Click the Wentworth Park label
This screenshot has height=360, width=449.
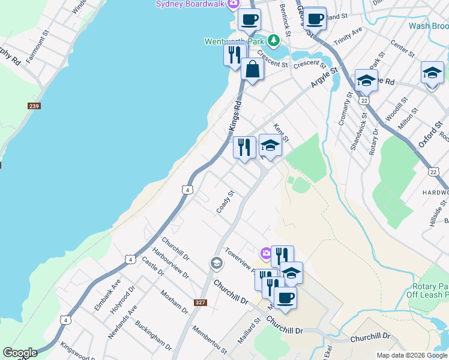pos(235,41)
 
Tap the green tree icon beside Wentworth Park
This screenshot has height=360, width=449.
pos(274,41)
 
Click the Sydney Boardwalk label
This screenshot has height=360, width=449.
pos(189,4)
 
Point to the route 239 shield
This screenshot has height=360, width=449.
pos(34,106)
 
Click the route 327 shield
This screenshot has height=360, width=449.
pos(200,302)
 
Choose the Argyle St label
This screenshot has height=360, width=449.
pos(324,79)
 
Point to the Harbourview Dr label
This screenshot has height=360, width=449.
pos(170,263)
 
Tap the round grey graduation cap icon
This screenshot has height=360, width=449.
pos(216,263)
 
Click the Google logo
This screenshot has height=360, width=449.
pos(20,353)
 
